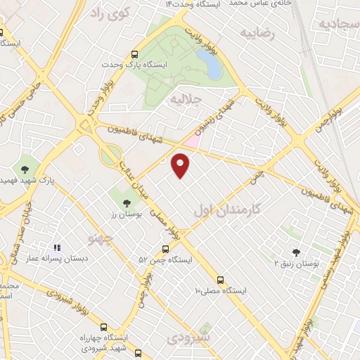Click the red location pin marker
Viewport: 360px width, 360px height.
[x=181, y=165]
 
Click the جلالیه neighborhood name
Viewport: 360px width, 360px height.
[x=186, y=100]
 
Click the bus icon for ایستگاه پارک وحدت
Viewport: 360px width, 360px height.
[x=134, y=53]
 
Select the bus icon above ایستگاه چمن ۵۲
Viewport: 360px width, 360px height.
[x=166, y=249]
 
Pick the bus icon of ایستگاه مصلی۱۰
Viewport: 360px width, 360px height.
[x=221, y=279]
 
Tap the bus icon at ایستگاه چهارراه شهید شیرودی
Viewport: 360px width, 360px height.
[x=104, y=328]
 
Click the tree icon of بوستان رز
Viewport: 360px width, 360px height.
[x=126, y=203]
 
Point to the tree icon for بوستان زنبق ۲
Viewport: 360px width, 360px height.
[x=295, y=252]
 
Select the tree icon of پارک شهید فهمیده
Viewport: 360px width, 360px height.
[x=26, y=169]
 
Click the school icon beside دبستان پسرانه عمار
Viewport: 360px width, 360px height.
[x=58, y=247]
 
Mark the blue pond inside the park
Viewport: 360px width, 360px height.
[x=210, y=64]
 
